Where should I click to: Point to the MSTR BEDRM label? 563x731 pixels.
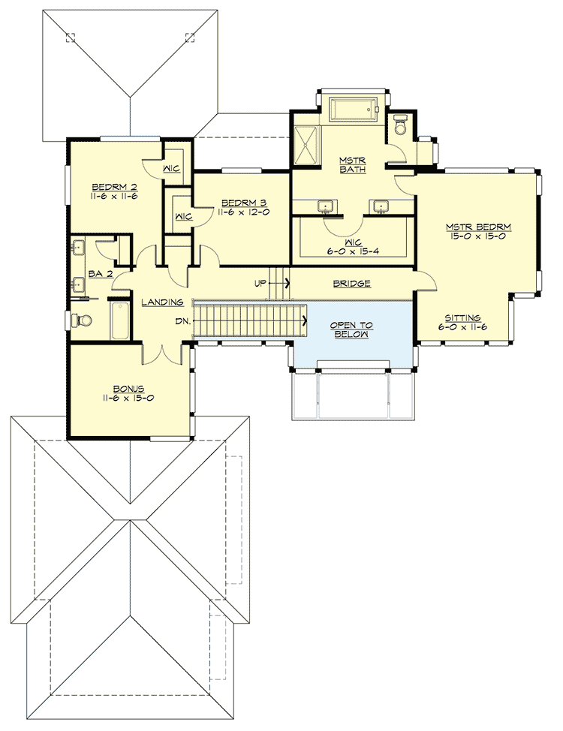coord(478,226)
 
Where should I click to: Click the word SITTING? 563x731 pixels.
coord(462,317)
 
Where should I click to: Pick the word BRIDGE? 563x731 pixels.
coord(352,284)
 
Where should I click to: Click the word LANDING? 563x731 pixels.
coord(163,302)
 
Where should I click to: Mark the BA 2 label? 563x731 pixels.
coord(101,274)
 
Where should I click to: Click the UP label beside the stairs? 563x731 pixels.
coord(260,284)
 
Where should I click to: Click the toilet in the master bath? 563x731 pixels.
coord(400,125)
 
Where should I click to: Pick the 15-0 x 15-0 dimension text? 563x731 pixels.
coord(478,236)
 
